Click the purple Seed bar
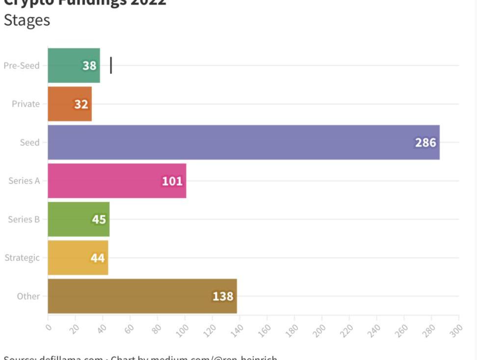(x=243, y=142)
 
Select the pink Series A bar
(x=117, y=181)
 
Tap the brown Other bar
(x=142, y=296)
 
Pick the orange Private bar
(x=70, y=104)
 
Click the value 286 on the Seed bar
(x=425, y=142)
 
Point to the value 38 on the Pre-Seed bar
(x=89, y=65)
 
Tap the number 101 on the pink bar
(x=172, y=181)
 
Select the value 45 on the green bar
(x=99, y=219)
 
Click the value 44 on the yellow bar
(x=98, y=257)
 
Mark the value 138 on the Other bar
(x=223, y=296)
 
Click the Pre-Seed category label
(x=22, y=65)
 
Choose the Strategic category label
(x=22, y=257)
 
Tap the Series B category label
(x=24, y=219)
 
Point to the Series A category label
(x=24, y=181)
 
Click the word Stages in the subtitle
(x=26, y=20)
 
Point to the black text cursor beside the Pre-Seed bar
(x=111, y=65)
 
